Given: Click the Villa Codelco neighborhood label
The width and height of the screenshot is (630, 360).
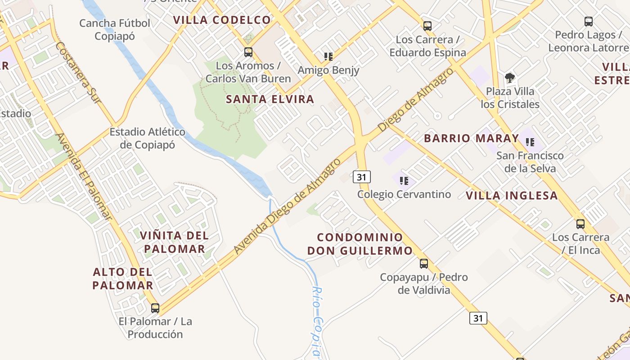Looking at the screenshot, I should click(222, 20).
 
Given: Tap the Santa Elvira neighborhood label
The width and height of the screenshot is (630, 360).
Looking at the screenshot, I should click(270, 99).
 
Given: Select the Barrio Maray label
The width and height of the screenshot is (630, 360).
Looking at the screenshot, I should click(471, 138).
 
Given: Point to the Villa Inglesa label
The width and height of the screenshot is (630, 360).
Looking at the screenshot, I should click(512, 195).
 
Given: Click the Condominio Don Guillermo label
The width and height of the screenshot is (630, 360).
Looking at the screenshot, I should click(360, 244).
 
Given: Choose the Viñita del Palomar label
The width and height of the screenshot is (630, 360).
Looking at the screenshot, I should click(174, 242).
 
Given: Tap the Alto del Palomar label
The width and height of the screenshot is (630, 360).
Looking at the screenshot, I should click(123, 278).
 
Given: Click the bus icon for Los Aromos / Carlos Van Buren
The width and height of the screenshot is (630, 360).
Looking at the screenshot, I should click(248, 52).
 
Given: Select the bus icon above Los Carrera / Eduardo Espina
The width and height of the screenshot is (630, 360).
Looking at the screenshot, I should click(427, 26).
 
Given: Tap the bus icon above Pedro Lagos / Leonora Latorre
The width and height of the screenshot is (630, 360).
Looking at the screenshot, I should click(588, 21).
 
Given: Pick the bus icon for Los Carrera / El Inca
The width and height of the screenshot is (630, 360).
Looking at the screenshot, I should click(580, 224).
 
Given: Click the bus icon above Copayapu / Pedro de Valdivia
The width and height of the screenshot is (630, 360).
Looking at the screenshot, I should click(423, 264).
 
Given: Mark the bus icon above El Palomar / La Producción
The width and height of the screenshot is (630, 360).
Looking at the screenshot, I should click(155, 308).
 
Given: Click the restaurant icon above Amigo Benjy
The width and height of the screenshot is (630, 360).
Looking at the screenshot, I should click(328, 57).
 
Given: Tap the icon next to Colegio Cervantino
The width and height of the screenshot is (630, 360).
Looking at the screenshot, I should click(404, 181).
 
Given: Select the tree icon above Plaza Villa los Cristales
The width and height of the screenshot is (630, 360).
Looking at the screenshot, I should click(509, 78).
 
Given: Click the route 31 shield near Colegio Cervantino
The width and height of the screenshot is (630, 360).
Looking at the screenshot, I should click(361, 177).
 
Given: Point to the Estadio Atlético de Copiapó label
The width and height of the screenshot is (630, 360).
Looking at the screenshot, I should click(148, 138).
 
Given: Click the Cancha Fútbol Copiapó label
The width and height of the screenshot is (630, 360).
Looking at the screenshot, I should click(115, 29).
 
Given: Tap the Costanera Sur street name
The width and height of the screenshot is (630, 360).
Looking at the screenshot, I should click(79, 76).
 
